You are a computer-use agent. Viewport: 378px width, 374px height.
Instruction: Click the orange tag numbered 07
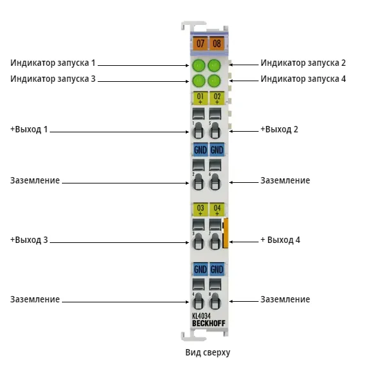pyautogui.click(x=200, y=43)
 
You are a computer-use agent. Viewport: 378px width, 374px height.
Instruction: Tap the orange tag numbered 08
pyautogui.click(x=216, y=43)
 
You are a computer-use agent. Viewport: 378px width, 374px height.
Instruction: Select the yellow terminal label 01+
pyautogui.click(x=200, y=98)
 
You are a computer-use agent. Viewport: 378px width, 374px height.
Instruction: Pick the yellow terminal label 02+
pyautogui.click(x=217, y=98)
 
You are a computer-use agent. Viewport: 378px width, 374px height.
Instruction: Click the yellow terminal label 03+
pyautogui.click(x=200, y=209)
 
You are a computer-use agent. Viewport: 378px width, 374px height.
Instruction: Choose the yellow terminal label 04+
pyautogui.click(x=217, y=209)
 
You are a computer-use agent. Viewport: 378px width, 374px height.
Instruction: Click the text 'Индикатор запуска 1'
pyautogui.click(x=53, y=63)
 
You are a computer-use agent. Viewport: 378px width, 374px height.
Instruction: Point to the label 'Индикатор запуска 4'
pyautogui.click(x=303, y=79)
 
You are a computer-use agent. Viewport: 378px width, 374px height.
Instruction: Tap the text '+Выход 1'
pyautogui.click(x=29, y=129)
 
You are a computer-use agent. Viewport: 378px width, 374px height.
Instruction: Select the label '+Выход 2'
pyautogui.click(x=279, y=129)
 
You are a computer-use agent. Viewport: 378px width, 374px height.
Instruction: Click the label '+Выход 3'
pyautogui.click(x=29, y=240)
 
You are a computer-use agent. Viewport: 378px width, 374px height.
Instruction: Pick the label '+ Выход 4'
pyautogui.click(x=280, y=240)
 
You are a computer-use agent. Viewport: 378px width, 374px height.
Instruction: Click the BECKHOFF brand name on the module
pyautogui.click(x=209, y=323)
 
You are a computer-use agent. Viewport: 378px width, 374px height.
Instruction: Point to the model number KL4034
pyautogui.click(x=201, y=316)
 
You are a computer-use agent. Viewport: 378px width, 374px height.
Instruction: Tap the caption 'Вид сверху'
pyautogui.click(x=208, y=352)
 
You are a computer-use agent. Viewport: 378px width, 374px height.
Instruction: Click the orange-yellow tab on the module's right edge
pyautogui.click(x=225, y=233)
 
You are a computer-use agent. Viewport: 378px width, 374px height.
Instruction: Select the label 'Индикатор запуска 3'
pyautogui.click(x=53, y=79)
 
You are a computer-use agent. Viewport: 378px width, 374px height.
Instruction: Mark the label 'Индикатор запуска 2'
pyautogui.click(x=303, y=63)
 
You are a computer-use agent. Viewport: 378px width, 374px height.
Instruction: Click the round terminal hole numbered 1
pyautogui.click(x=198, y=130)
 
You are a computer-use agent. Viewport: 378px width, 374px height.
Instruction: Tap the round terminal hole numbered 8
pyautogui.click(x=215, y=301)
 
